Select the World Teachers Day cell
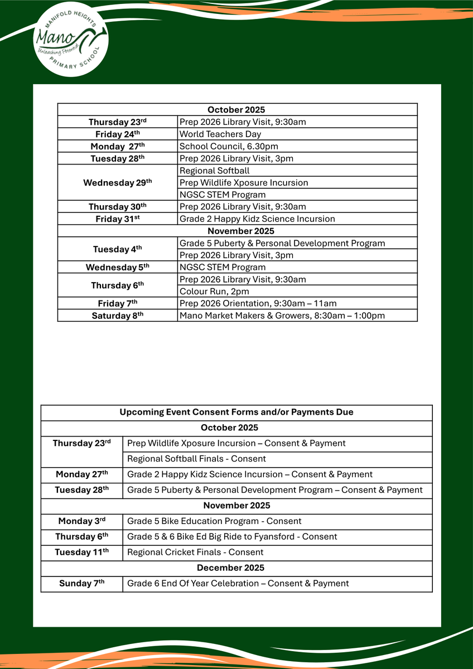click(x=220, y=134)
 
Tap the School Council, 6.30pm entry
click(x=228, y=146)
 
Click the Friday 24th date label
click(x=117, y=134)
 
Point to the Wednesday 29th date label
click(x=117, y=182)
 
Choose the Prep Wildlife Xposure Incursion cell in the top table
click(x=243, y=182)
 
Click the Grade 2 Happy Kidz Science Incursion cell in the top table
click(x=257, y=219)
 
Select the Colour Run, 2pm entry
click(x=214, y=291)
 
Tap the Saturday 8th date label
click(x=118, y=316)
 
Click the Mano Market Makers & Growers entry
click(x=282, y=316)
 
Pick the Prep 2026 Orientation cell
click(x=258, y=303)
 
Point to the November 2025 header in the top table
click(x=236, y=230)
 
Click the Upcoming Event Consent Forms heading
click(x=236, y=412)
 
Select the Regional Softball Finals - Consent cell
click(x=196, y=459)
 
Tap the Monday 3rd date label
click(x=81, y=521)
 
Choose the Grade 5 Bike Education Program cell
click(x=214, y=521)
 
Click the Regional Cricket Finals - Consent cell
click(x=195, y=552)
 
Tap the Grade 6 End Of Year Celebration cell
click(x=238, y=583)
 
